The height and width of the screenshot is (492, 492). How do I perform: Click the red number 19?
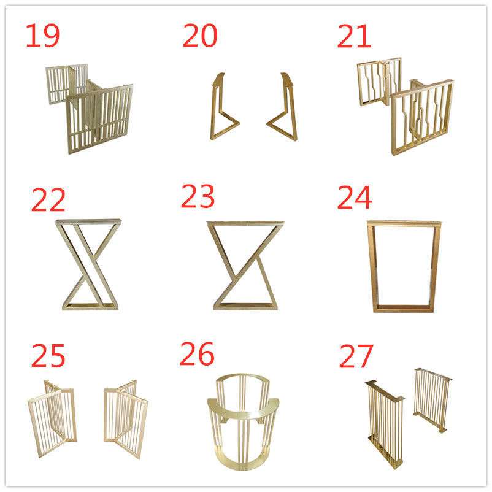point(42,36)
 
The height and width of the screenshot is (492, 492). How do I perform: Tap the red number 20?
point(200,36)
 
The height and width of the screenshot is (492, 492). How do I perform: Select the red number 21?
point(354,36)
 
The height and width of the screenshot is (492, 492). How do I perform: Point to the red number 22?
point(48,199)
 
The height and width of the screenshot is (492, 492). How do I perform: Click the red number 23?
point(198,196)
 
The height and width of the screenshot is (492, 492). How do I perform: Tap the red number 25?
point(48,355)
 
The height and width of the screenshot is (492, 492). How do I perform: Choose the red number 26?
point(197,353)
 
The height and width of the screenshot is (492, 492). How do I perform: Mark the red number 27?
point(356,356)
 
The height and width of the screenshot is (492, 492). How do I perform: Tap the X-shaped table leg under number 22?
point(88,264)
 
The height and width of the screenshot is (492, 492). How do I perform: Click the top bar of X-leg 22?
point(88,221)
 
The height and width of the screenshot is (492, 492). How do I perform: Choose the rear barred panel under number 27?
point(433,400)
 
